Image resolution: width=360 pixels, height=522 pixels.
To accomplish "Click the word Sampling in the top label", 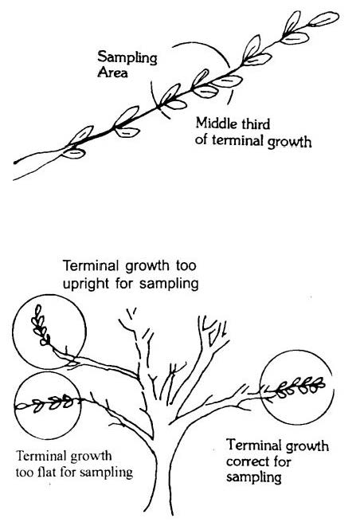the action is [x=127, y=57].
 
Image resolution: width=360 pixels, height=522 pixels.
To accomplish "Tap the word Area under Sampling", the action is [x=112, y=73].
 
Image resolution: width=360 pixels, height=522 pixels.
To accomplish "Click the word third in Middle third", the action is [x=256, y=124].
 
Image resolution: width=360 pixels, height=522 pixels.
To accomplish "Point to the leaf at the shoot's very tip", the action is [x=323, y=19].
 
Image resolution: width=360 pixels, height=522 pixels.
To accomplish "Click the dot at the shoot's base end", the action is [x=15, y=163].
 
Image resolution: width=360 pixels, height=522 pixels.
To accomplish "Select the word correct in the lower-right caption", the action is [x=246, y=461].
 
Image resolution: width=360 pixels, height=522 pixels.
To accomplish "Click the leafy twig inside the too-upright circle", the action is [x=41, y=326].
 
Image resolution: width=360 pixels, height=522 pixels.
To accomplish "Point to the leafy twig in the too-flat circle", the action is [x=46, y=402].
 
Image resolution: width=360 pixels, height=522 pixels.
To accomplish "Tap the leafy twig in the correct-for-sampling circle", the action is [x=298, y=387].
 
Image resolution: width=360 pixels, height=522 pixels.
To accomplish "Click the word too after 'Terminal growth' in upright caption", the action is [x=186, y=266].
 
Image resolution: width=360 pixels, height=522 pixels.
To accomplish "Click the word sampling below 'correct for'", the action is [x=253, y=477].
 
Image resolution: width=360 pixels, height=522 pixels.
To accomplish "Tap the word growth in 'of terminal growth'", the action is [x=289, y=142].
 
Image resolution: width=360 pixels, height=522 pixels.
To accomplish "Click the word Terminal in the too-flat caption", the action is [x=37, y=455].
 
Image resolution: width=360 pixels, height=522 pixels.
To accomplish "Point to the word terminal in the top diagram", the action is [x=237, y=140].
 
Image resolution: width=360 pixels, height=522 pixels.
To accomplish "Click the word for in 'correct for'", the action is [x=282, y=461].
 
